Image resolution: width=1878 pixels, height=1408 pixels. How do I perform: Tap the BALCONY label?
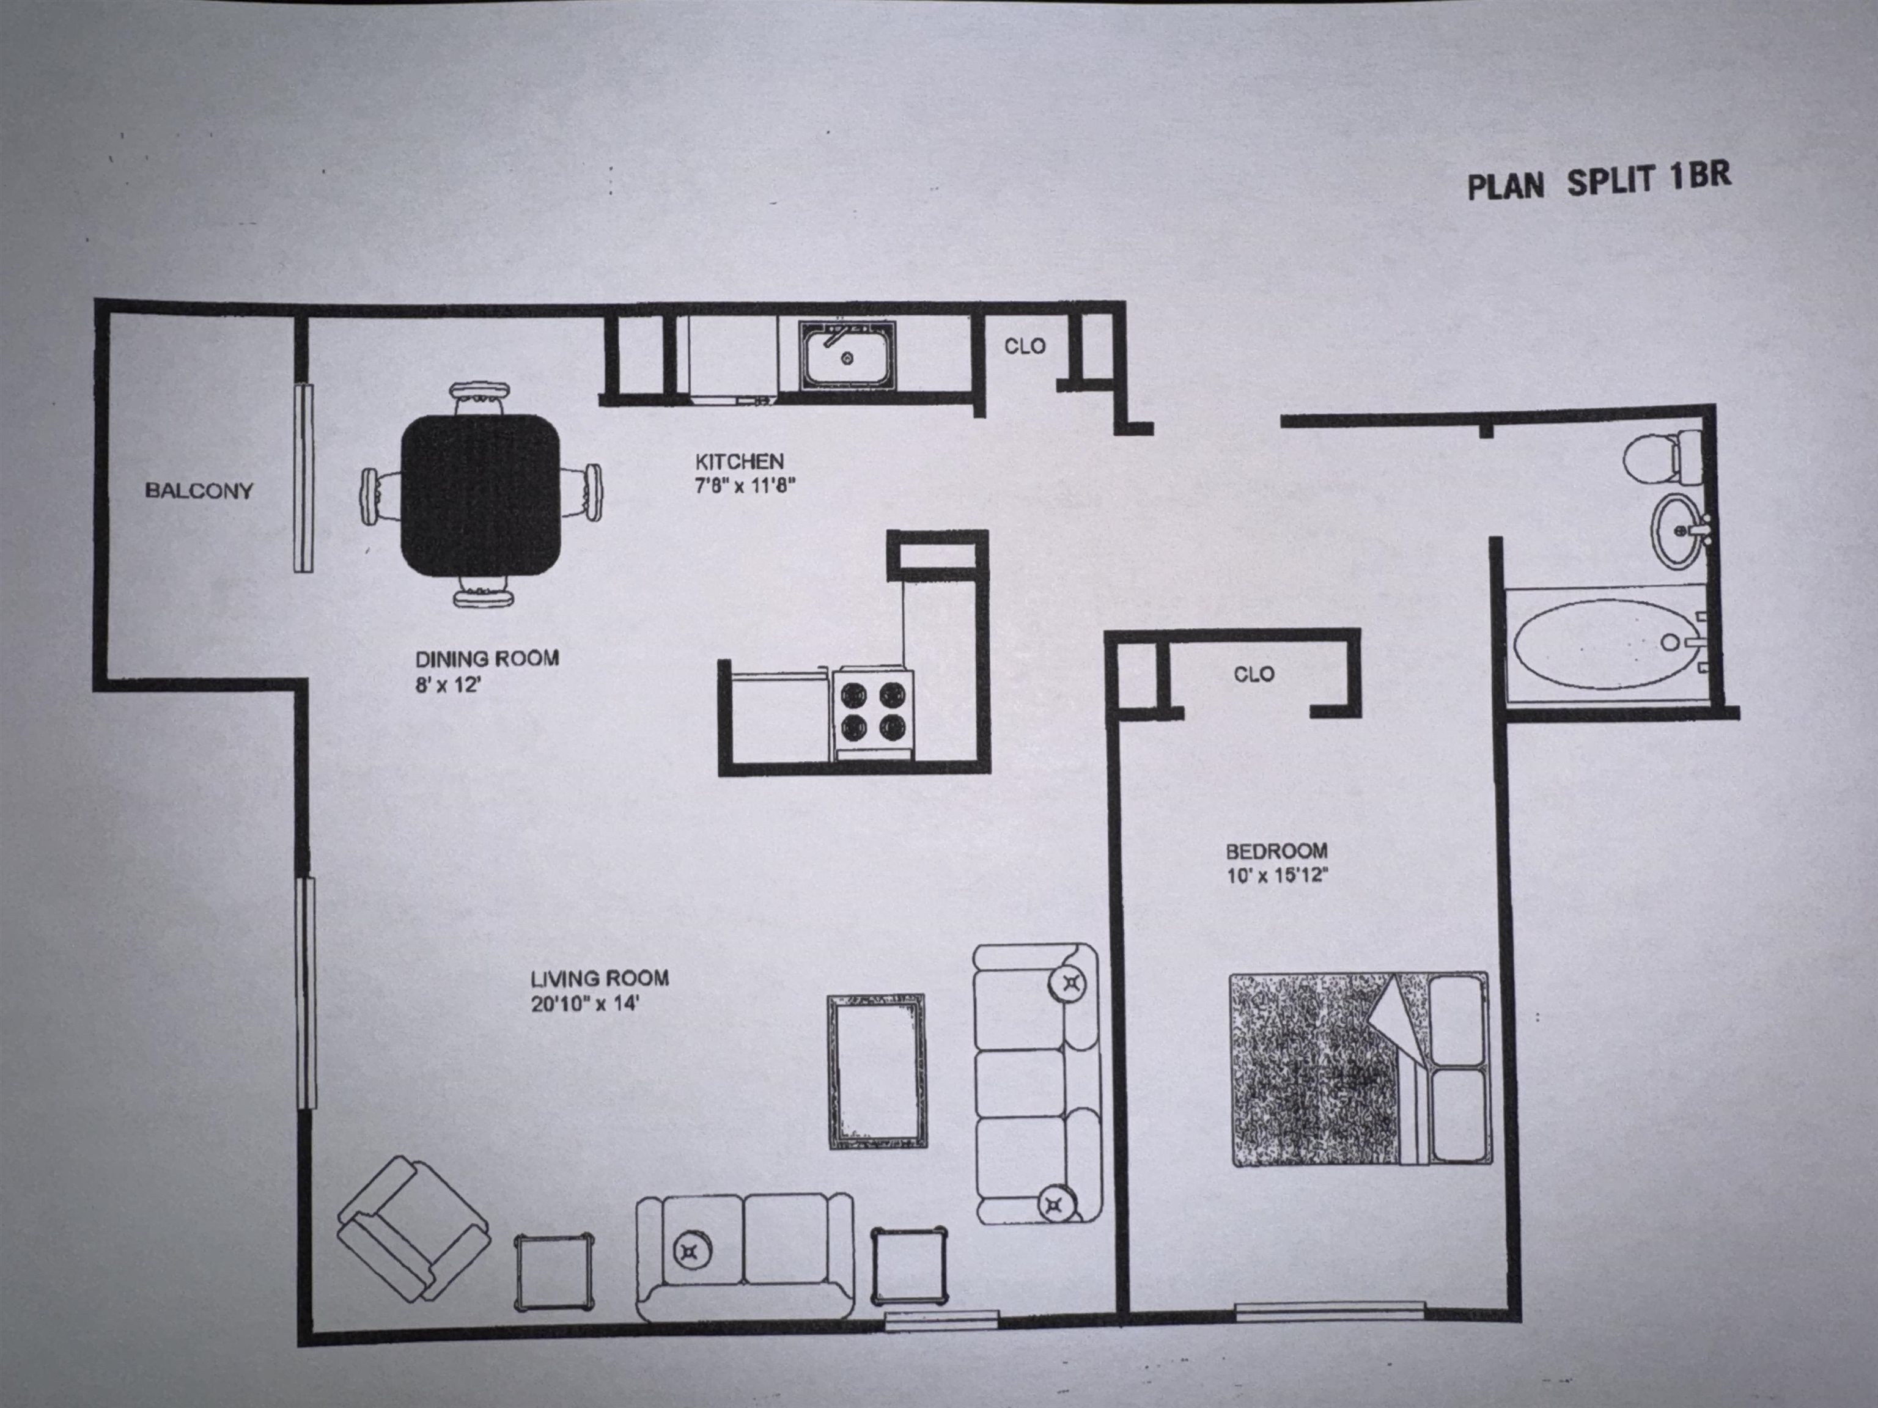199,491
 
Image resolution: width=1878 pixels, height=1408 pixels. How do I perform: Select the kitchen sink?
847,356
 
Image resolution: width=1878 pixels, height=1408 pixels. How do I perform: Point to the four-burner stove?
872,711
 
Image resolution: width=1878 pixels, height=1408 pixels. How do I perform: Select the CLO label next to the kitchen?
1025,346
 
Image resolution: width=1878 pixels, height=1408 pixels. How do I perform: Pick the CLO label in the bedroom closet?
1253,674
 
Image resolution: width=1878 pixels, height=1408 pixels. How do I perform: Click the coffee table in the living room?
876,1072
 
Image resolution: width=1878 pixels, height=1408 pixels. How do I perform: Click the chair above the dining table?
481,397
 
